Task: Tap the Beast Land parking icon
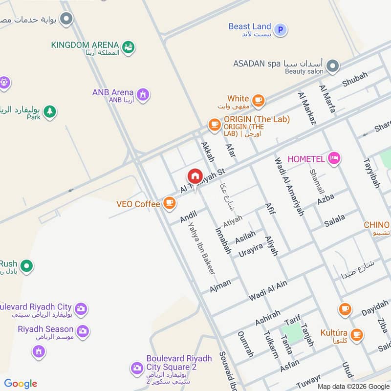[x=280, y=30]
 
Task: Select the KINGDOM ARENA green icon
[x=129, y=47]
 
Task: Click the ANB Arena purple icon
[x=143, y=94]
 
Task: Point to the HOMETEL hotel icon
[x=334, y=158]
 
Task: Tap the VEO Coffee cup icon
[x=169, y=203]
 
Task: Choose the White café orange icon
[x=258, y=101]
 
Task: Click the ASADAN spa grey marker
[x=333, y=65]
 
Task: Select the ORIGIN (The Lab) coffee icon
[x=214, y=125]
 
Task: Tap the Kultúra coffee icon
[x=357, y=335]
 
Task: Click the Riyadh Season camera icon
[x=83, y=331]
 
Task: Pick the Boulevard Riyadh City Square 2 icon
[x=137, y=368]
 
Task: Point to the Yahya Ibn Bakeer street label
[x=202, y=248]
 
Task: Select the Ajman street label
[x=220, y=285]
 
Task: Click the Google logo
[x=21, y=384]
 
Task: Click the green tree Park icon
[x=49, y=112]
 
